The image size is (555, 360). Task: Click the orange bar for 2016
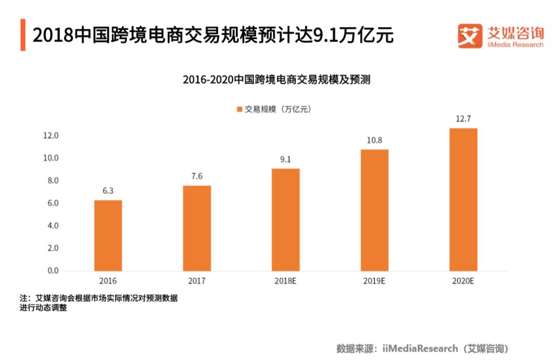click(108, 236)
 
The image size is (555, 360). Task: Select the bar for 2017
click(197, 228)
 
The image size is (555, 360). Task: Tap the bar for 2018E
click(286, 220)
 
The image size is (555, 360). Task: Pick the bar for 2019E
click(374, 210)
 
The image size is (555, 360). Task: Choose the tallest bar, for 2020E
click(463, 200)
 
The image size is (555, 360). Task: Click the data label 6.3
click(108, 191)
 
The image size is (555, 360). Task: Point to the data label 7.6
click(197, 176)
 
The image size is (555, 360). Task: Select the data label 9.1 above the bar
click(286, 159)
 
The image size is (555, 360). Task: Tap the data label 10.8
click(374, 140)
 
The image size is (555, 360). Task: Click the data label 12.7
click(463, 119)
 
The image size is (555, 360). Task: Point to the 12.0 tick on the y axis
click(51, 136)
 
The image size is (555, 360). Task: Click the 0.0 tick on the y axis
click(53, 271)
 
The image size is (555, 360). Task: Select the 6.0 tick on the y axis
click(53, 203)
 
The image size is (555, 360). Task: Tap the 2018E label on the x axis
click(286, 281)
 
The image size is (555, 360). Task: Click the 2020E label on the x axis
click(463, 281)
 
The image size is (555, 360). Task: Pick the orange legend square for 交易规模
click(239, 109)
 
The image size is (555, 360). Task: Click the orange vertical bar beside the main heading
click(23, 35)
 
